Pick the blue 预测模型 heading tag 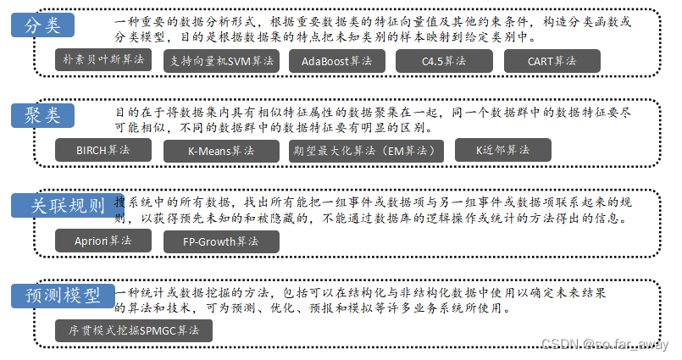click(x=62, y=296)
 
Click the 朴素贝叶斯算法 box click(x=103, y=61)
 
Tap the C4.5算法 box click(x=442, y=61)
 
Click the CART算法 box click(x=552, y=61)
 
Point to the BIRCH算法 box click(x=103, y=151)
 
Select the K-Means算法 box click(x=220, y=151)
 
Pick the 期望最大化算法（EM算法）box click(x=365, y=151)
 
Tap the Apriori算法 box click(x=103, y=241)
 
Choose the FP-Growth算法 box click(x=220, y=241)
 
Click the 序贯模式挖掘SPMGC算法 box click(x=133, y=330)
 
